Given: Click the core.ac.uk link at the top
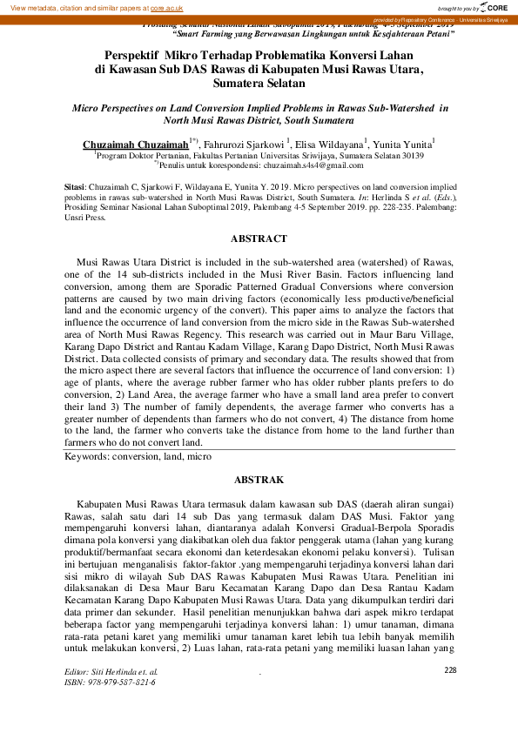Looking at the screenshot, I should pyautogui.click(x=166, y=7).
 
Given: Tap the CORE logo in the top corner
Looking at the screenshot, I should pyautogui.click(x=495, y=7).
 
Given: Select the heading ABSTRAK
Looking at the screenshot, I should pyautogui.click(x=259, y=480).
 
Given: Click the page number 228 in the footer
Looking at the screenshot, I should pyautogui.click(x=450, y=669).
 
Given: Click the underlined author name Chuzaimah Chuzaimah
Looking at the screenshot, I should pyautogui.click(x=135, y=143).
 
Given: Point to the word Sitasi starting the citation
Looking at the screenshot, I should pyautogui.click(x=76, y=187).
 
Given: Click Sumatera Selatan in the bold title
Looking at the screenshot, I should pyautogui.click(x=258, y=84).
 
